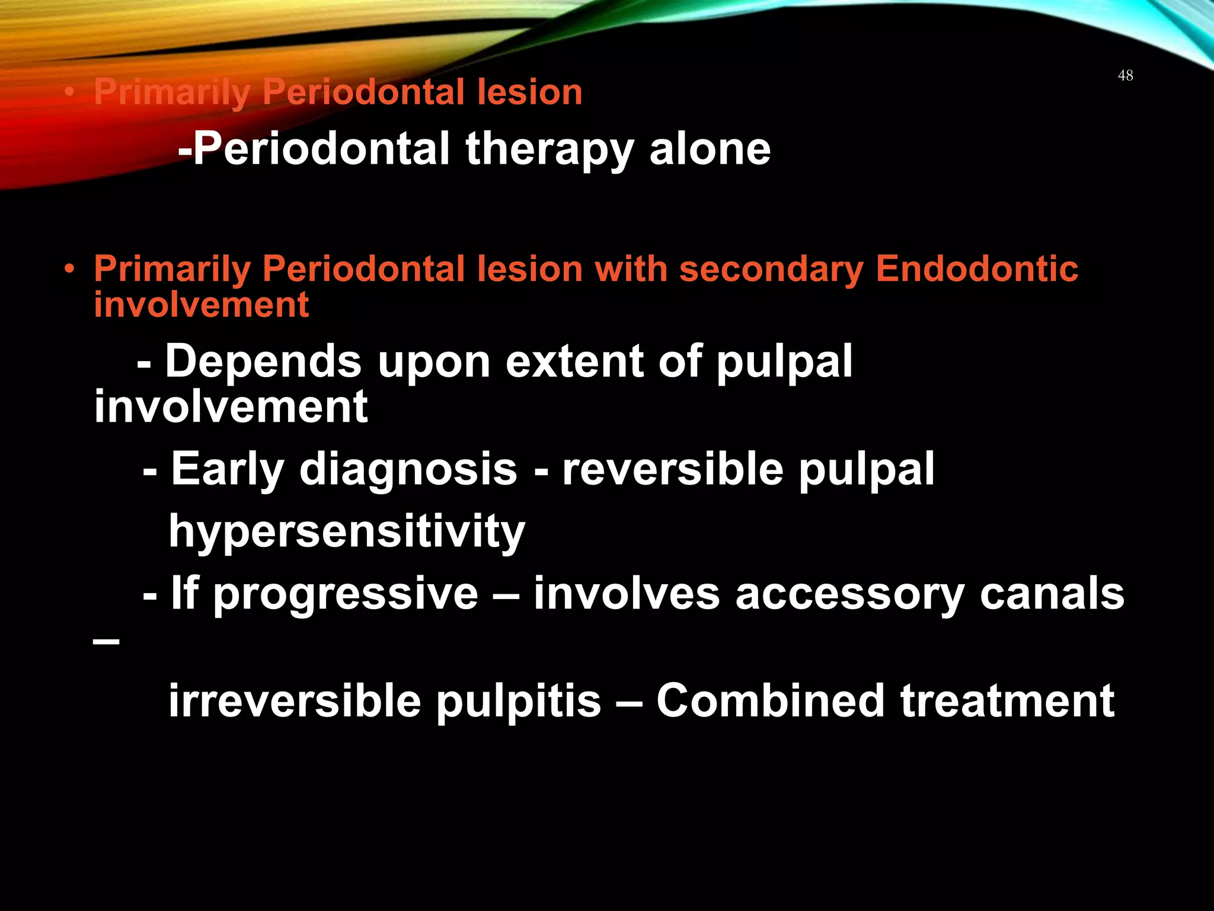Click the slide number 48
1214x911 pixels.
point(1125,75)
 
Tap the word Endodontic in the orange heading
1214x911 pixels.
point(976,269)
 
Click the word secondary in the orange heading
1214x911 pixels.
point(771,270)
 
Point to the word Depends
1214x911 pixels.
point(263,361)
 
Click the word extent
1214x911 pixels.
point(574,361)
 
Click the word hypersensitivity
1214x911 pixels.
point(347,532)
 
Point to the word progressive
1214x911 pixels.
point(345,594)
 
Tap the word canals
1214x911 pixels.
point(1052,594)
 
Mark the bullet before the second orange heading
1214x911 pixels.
point(70,269)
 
